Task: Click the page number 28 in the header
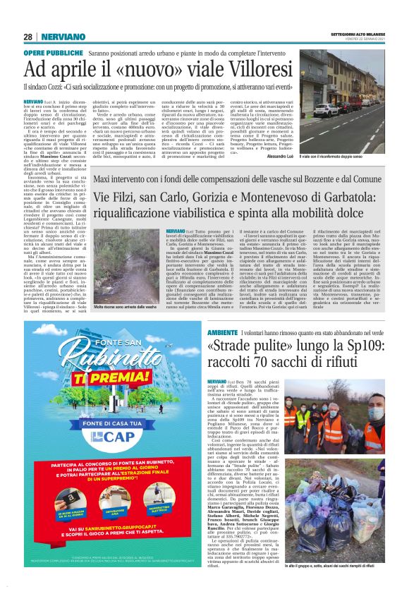(28, 37)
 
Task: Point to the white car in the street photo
(329, 110)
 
